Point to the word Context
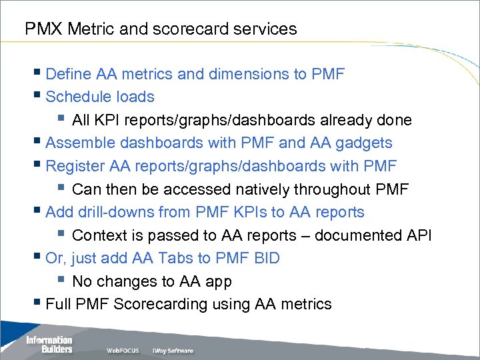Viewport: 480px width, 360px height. (x=99, y=235)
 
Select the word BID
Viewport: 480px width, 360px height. (x=263, y=258)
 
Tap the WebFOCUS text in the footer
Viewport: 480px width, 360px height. (x=124, y=351)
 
